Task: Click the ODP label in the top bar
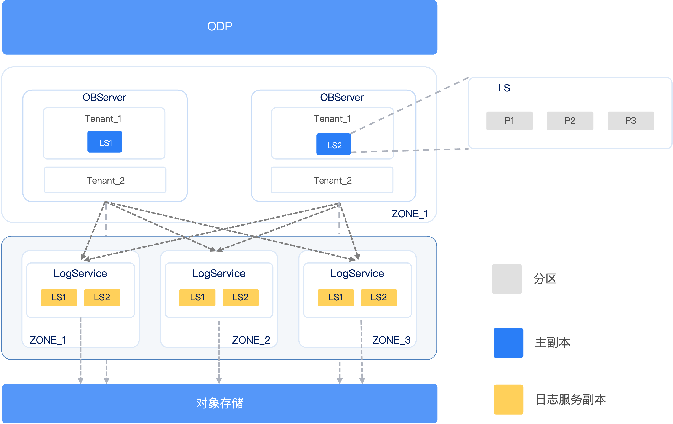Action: click(220, 27)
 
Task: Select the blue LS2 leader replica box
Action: click(333, 144)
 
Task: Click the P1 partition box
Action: click(509, 121)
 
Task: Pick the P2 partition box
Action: click(570, 121)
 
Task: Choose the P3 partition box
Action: click(631, 121)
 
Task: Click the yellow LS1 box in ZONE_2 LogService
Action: click(197, 297)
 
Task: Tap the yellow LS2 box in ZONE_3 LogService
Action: click(379, 297)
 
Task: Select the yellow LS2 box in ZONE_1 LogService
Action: click(102, 297)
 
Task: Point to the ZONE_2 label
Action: click(251, 340)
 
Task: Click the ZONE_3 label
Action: click(391, 340)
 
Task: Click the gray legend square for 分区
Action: click(507, 279)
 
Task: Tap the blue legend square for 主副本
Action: click(508, 343)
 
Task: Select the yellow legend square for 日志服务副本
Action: click(508, 399)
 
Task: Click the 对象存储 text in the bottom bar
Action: click(220, 403)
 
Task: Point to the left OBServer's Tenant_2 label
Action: click(105, 181)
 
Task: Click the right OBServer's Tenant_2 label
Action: click(333, 181)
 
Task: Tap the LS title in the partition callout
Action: click(504, 88)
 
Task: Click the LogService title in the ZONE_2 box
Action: click(219, 273)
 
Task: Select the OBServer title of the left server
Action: click(104, 97)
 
